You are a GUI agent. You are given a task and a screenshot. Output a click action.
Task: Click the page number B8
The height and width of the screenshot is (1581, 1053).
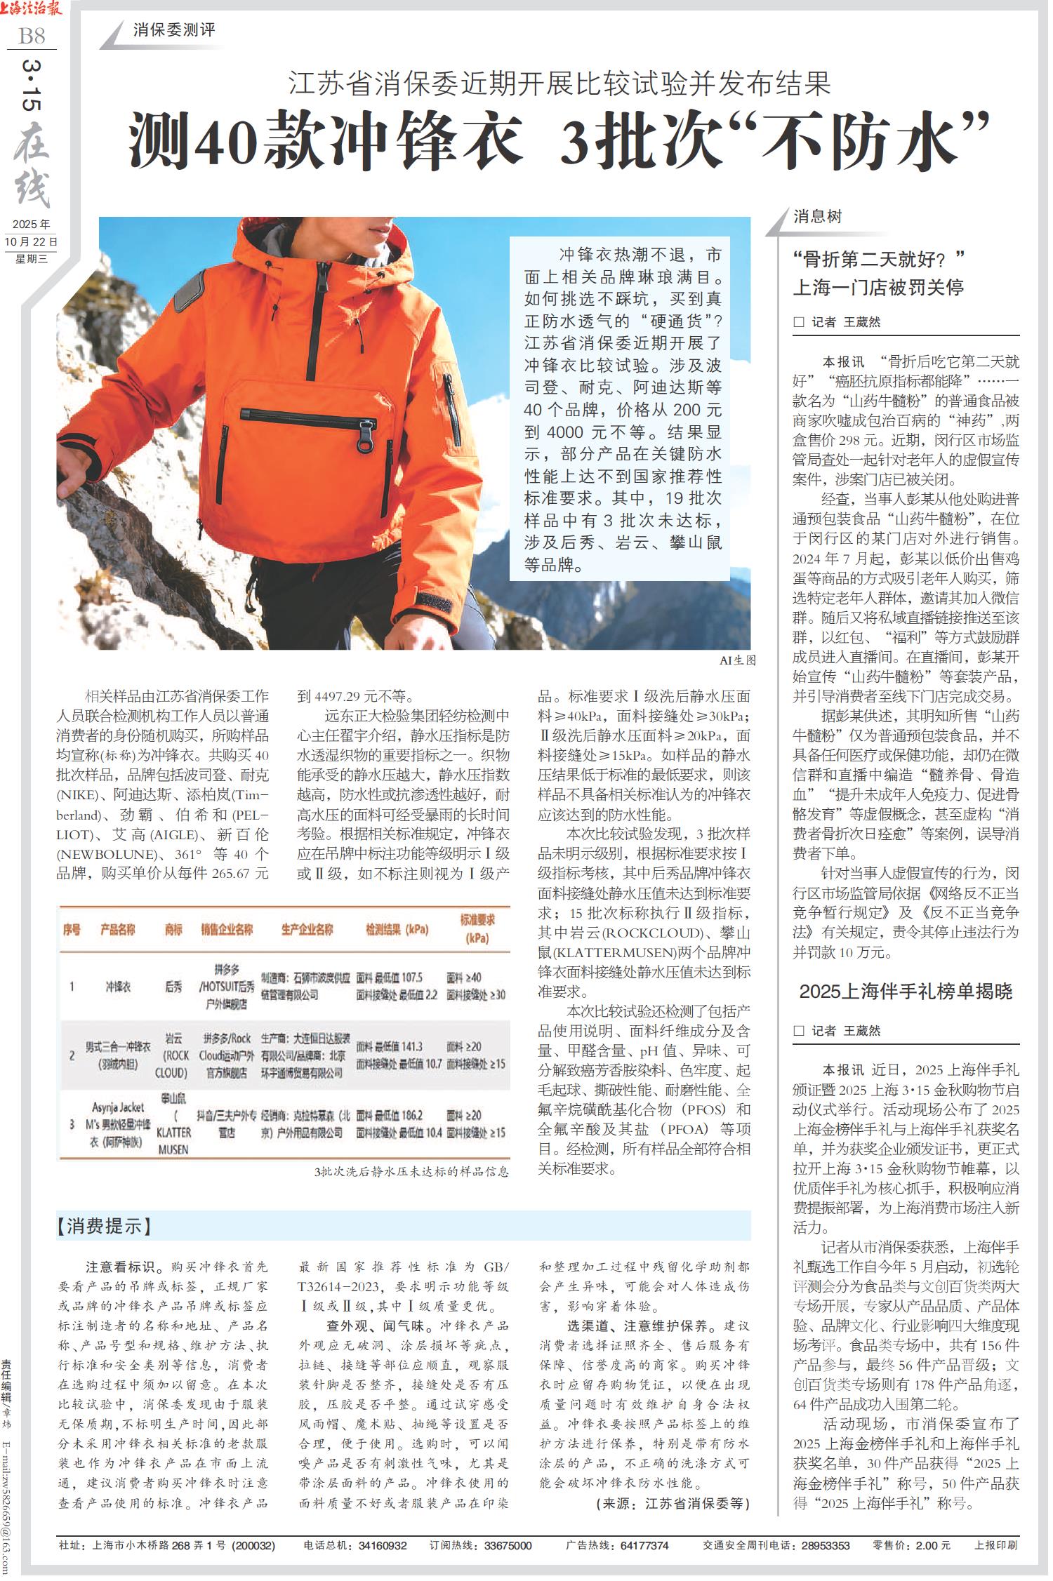(x=32, y=35)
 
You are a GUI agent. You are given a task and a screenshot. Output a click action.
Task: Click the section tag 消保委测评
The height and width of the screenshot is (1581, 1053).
(x=174, y=30)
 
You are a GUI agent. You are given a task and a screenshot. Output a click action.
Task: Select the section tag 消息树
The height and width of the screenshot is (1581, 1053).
(x=817, y=216)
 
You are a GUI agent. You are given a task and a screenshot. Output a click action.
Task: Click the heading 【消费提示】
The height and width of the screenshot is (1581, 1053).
(x=105, y=1226)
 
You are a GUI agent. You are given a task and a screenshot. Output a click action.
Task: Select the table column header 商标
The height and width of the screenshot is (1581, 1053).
(x=173, y=930)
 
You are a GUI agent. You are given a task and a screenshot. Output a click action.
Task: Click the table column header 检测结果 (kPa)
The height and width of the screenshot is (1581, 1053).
(x=397, y=930)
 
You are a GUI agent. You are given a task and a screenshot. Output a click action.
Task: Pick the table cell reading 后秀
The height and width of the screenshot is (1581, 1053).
(x=173, y=987)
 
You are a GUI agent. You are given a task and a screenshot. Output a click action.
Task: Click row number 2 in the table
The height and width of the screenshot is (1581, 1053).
(x=72, y=1055)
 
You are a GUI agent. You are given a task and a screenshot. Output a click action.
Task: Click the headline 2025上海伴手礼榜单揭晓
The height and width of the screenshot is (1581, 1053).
(x=905, y=992)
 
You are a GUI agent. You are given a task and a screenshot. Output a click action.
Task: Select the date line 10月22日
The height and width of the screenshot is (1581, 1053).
(x=32, y=241)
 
